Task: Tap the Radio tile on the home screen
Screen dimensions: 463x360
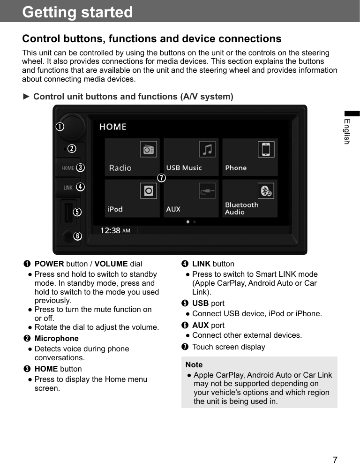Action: coord(132,157)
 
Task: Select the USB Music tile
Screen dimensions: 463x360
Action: coord(191,157)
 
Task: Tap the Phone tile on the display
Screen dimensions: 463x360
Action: coord(249,157)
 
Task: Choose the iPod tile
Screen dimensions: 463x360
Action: coord(132,198)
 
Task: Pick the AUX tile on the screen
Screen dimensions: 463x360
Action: coord(191,198)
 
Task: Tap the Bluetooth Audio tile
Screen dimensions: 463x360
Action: coord(249,198)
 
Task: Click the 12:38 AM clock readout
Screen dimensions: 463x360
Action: coord(115,230)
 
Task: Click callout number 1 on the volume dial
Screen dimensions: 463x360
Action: coord(60,127)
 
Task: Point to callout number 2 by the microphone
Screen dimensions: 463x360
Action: coord(72,149)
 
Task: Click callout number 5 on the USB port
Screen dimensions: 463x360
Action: coord(77,212)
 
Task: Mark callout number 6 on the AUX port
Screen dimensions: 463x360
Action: coord(77,235)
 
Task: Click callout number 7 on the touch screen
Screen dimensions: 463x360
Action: coord(161,178)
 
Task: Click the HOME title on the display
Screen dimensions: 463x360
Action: coord(112,127)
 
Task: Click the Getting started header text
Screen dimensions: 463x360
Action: coord(78,12)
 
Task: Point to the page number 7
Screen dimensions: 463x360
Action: coord(335,459)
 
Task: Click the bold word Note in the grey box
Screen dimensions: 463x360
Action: coord(194,364)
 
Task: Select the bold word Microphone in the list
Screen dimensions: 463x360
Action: coord(57,338)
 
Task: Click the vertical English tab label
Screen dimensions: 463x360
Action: coord(347,131)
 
